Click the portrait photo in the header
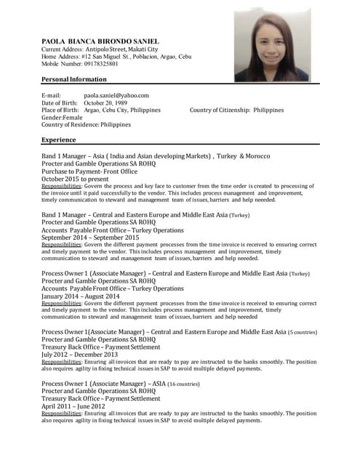click(272, 45)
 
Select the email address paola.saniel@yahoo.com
click(116, 95)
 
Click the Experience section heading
click(59, 139)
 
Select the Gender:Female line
click(63, 117)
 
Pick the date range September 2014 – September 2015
click(90, 238)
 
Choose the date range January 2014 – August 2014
click(81, 296)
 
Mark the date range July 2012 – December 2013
click(81, 355)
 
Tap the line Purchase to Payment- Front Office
click(89, 171)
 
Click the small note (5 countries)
click(303, 332)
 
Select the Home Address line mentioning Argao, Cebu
click(116, 56)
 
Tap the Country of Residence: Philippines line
click(87, 124)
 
